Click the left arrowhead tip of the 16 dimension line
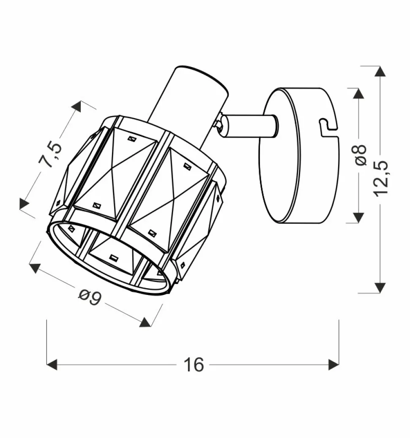pos(47,365)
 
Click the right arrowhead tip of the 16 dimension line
pos(339,365)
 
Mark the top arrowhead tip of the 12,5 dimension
pos(380,66)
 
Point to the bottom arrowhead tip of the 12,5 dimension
pos(380,293)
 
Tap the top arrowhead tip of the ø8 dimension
pos(358,88)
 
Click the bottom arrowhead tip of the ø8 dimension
pos(358,223)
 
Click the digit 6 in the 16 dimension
pos(198,365)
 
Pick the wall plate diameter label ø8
pos(360,155)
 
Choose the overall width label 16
pos(194,365)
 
